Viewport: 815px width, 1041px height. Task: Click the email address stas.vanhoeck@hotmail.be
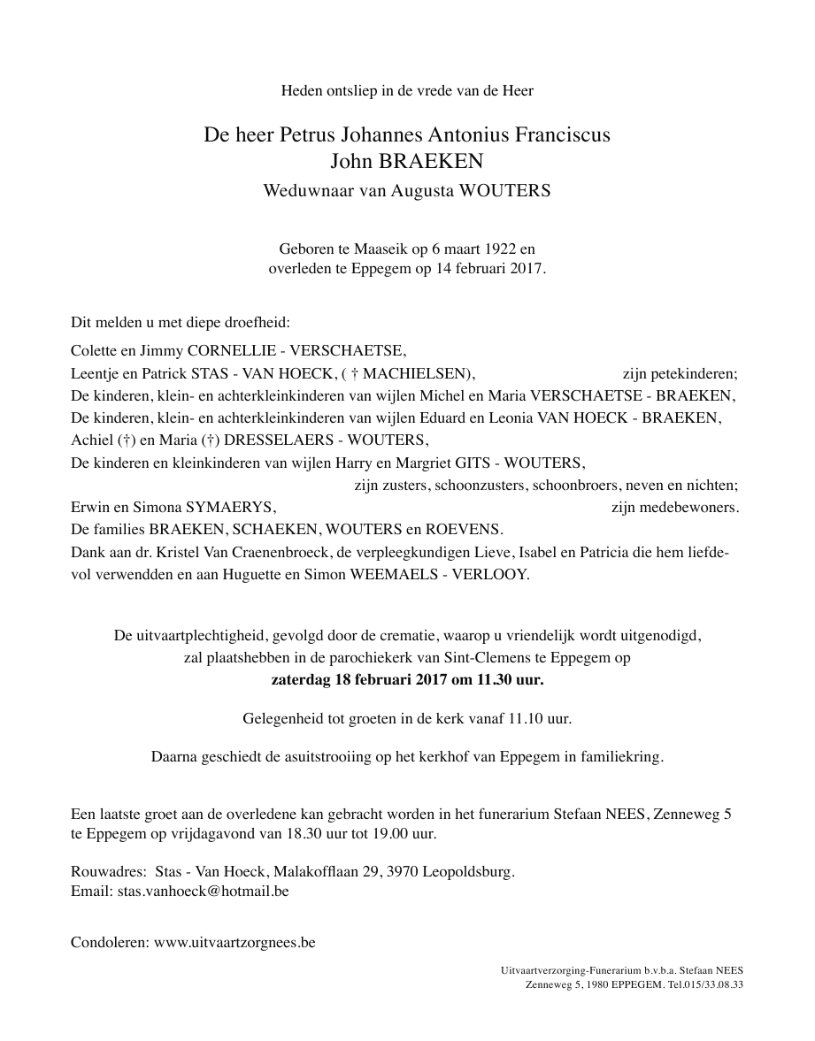coord(203,892)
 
